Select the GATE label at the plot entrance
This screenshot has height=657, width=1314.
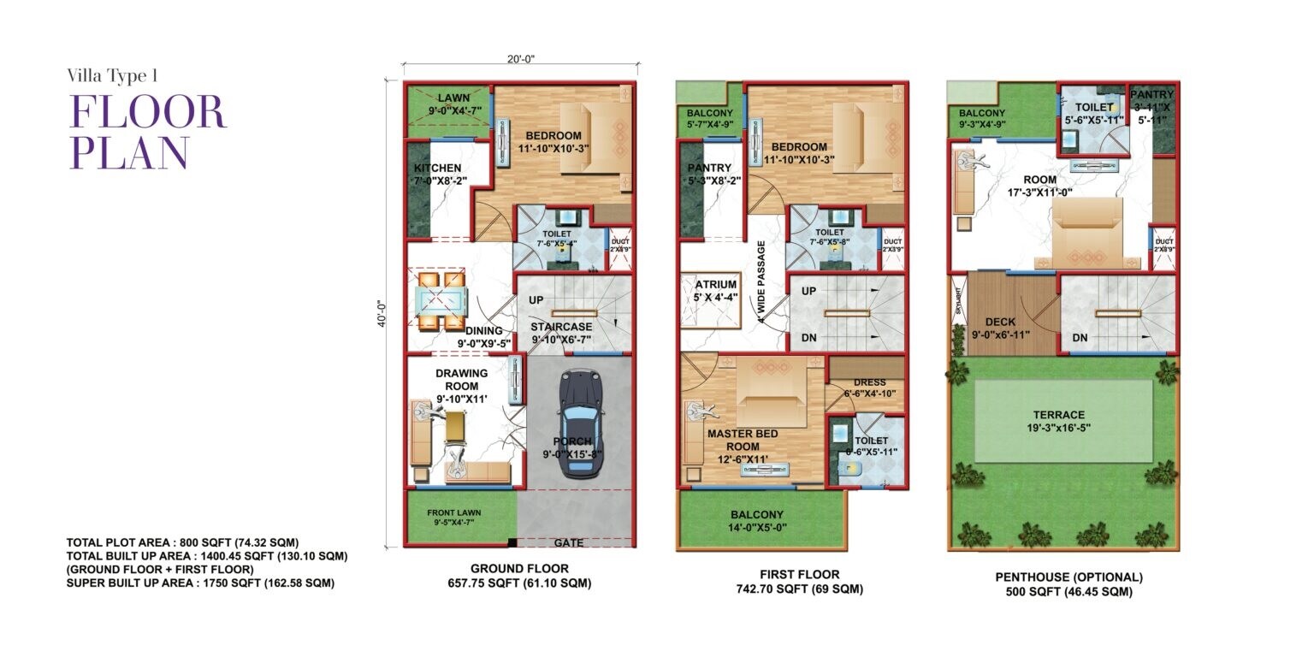coord(569,543)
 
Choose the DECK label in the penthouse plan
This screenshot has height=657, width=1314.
coord(999,323)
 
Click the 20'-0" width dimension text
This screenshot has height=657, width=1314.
coord(520,59)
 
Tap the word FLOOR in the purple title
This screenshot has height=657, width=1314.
coord(147,112)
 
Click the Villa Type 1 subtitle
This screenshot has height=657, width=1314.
coord(112,75)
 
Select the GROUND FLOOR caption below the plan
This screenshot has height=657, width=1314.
coord(519,568)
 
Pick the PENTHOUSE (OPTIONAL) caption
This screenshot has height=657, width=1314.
coord(1063,577)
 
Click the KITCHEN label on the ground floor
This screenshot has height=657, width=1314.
coord(438,168)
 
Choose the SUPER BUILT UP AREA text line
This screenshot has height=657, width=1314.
coord(199,583)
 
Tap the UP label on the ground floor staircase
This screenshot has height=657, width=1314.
coord(536,300)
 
